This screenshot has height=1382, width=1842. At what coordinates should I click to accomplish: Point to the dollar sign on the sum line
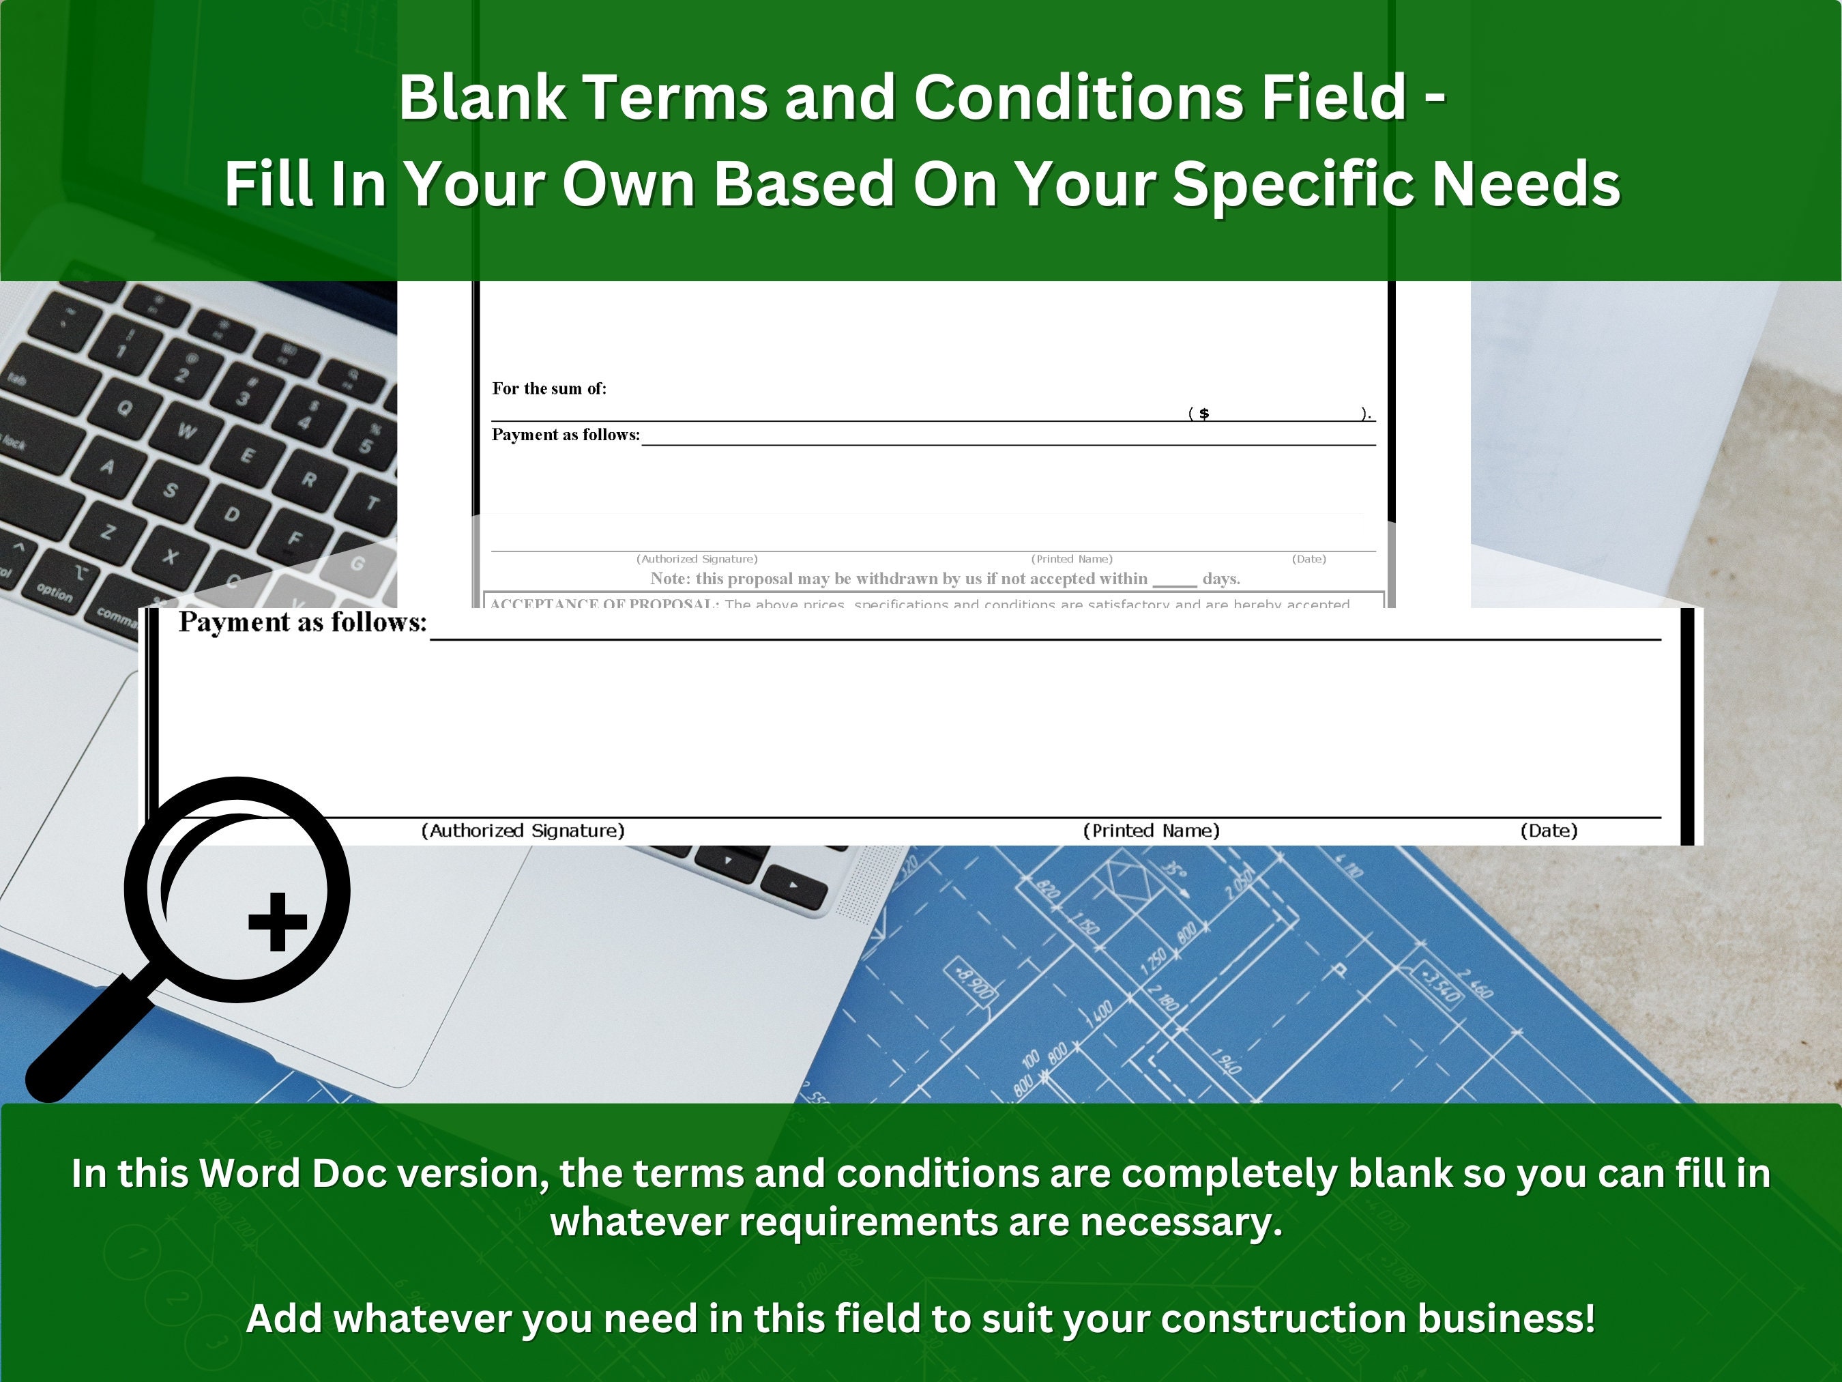(x=1204, y=413)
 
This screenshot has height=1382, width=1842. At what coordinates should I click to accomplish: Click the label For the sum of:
(x=549, y=388)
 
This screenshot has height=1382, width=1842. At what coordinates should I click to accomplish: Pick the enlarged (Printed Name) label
(x=1151, y=831)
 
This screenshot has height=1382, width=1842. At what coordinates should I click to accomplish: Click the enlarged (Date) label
(x=1549, y=831)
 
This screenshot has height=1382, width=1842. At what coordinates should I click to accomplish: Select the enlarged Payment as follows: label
(x=302, y=622)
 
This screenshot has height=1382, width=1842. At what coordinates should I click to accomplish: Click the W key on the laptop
(x=186, y=431)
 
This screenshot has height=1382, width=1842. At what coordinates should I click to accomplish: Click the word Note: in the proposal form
(x=671, y=578)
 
